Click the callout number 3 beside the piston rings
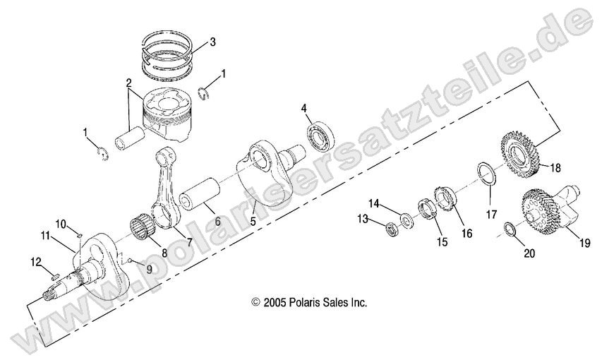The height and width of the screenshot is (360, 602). point(203,41)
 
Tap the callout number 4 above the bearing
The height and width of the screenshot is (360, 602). point(303,109)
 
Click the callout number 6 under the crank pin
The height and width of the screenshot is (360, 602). point(217,222)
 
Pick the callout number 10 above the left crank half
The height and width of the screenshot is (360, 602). point(62,224)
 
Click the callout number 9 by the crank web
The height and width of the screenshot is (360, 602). point(148,268)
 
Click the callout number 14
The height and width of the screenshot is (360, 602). point(374,203)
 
